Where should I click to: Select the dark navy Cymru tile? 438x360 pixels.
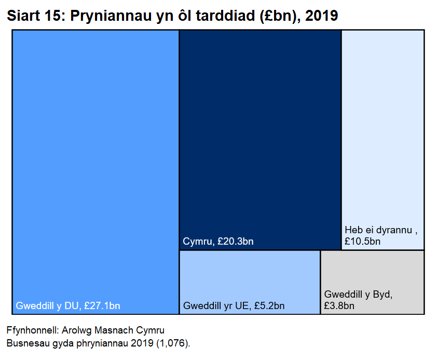coord(260,135)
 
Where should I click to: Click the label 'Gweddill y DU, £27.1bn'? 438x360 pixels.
coord(68,306)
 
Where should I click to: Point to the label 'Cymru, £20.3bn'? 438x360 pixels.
coord(218,242)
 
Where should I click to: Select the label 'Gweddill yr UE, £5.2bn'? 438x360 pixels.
coord(234,306)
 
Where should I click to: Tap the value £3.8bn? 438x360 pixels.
coord(339,306)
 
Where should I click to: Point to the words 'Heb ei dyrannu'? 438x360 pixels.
coord(379,230)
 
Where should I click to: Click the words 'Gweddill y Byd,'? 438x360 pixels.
coord(358,295)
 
